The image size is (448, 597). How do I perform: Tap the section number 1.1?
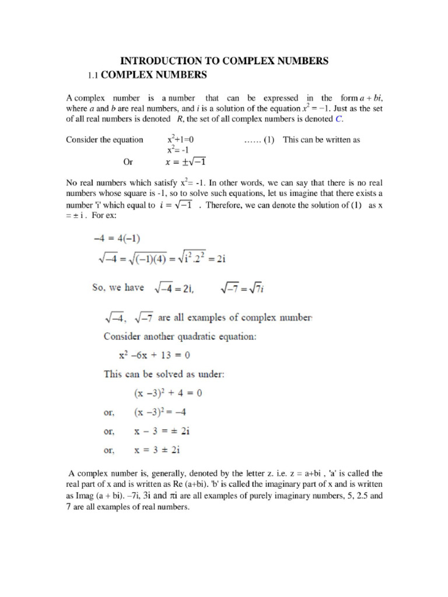pyautogui.click(x=95, y=75)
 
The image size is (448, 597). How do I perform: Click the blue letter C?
pyautogui.click(x=338, y=119)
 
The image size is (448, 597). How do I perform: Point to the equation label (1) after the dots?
pyautogui.click(x=268, y=140)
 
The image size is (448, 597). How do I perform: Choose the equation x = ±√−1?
pyautogui.click(x=187, y=162)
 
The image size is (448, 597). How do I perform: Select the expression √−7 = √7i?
pyautogui.click(x=243, y=288)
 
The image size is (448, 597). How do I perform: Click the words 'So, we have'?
pyautogui.click(x=118, y=287)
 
